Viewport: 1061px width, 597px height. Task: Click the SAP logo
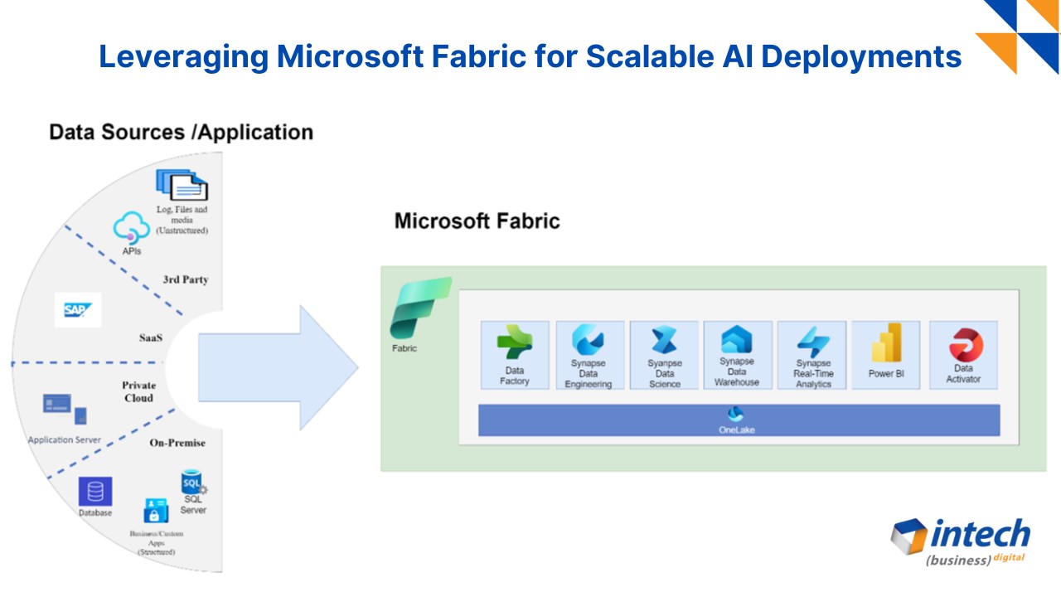click(78, 309)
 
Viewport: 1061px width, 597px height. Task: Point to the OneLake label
click(737, 430)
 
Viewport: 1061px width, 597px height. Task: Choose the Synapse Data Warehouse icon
click(737, 339)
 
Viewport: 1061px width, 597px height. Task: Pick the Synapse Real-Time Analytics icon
click(813, 341)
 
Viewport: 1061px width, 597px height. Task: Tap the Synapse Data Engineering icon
click(589, 340)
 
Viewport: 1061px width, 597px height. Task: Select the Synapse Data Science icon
click(664, 340)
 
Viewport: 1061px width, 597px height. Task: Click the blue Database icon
click(95, 492)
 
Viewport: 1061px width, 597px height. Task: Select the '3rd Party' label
click(185, 279)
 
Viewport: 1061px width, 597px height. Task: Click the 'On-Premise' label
click(177, 443)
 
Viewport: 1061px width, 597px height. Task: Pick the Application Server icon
click(64, 409)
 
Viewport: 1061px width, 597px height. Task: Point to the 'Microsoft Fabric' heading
click(477, 221)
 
